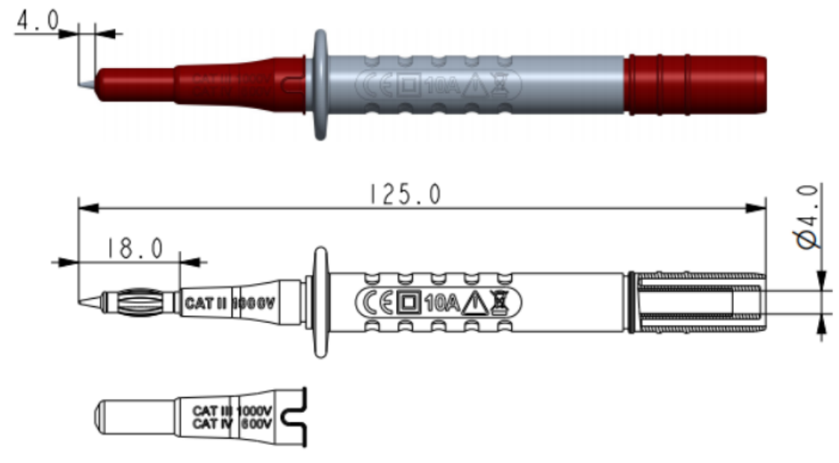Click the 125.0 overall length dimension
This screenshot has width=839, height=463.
[x=404, y=194]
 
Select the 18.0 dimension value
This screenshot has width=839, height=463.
[x=134, y=249]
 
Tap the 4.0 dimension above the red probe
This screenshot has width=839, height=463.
[x=37, y=21]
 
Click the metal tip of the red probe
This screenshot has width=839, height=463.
[x=87, y=83]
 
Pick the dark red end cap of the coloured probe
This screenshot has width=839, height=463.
[x=695, y=84]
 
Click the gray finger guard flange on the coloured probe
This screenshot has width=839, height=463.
[x=321, y=84]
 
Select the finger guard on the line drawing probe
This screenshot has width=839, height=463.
[x=321, y=302]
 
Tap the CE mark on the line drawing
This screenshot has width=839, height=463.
[x=377, y=302]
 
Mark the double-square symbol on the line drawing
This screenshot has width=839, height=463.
[x=408, y=302]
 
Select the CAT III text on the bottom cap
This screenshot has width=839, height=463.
[x=213, y=410]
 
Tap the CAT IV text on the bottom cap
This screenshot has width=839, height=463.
[x=213, y=423]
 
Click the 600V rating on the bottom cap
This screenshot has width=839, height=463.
[x=256, y=423]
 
